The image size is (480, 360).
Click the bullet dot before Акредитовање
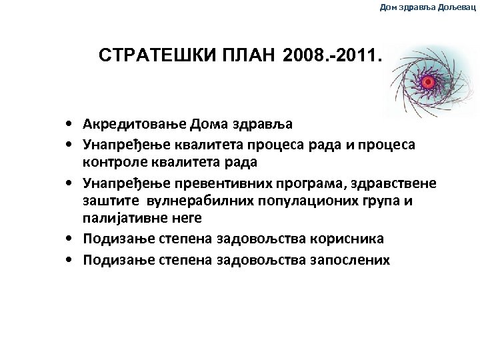(x=69, y=124)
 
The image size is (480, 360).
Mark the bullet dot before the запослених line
(x=69, y=259)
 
